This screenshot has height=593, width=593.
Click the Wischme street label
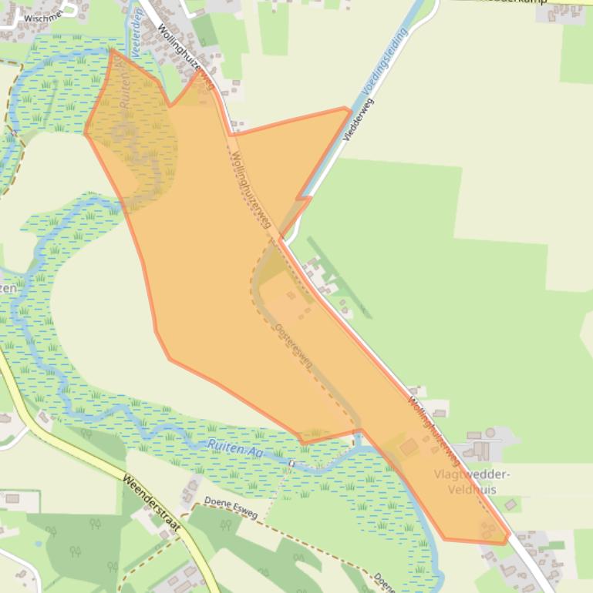[43, 15]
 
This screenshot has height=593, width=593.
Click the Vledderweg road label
[359, 119]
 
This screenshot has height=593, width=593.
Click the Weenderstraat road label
[159, 512]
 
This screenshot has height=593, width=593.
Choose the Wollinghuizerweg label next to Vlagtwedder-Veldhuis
[434, 431]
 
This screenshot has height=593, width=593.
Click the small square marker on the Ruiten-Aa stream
[292, 463]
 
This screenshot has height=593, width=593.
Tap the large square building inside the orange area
[409, 447]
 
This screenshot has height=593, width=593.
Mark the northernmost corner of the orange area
[113, 51]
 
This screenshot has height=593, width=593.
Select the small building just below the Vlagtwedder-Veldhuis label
[510, 504]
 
